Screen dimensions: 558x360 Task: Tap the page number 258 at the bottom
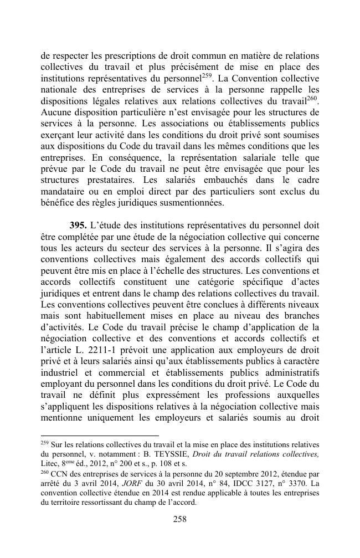tap(180, 519)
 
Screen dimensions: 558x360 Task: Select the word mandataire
tap(63, 192)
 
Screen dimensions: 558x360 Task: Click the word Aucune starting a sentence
tap(56, 112)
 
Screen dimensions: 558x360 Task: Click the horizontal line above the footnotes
tap(100, 436)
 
